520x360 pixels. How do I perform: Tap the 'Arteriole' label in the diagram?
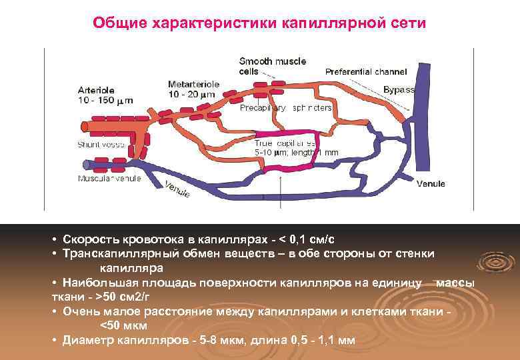coord(96,90)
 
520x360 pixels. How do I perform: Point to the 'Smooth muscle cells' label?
coord(272,65)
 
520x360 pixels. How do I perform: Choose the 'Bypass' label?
coord(399,89)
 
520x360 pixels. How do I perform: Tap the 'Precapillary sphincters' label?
coord(285,108)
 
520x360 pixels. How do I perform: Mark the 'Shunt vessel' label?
coord(101,144)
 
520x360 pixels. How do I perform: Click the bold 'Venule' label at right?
coord(431,184)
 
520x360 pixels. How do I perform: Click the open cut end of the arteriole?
coord(85,127)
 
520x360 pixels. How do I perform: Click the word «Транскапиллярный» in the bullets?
coord(116,254)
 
